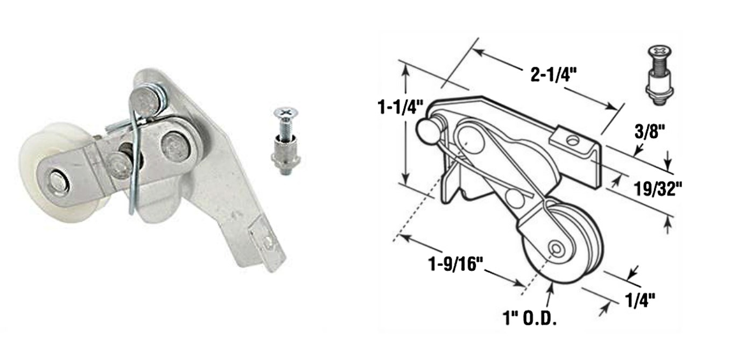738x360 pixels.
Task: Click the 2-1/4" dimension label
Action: coord(554,75)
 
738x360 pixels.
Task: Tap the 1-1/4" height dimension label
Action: coord(400,108)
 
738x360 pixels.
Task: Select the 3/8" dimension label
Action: coord(649,131)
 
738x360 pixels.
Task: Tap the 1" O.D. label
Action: coord(530,318)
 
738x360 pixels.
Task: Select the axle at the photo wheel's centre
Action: coord(60,183)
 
